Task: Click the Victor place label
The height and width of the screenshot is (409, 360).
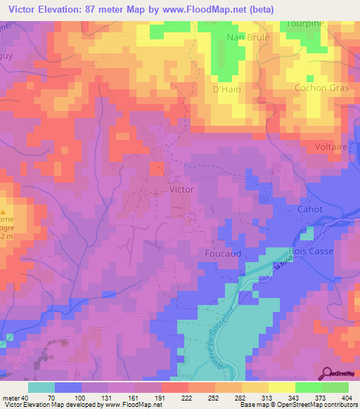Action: [181, 189]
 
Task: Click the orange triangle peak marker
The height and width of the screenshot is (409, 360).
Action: [3, 211]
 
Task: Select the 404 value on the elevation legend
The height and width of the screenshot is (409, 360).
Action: [337, 398]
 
